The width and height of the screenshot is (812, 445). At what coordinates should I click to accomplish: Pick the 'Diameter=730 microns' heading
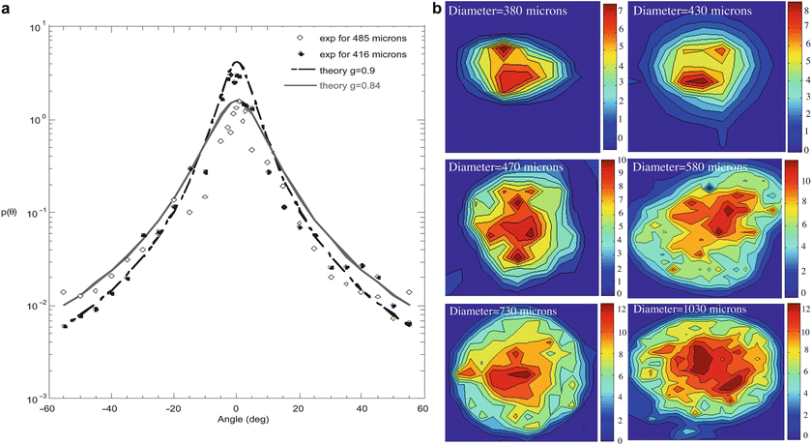point(509,311)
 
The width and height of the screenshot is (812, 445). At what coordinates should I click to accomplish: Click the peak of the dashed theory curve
point(237,63)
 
